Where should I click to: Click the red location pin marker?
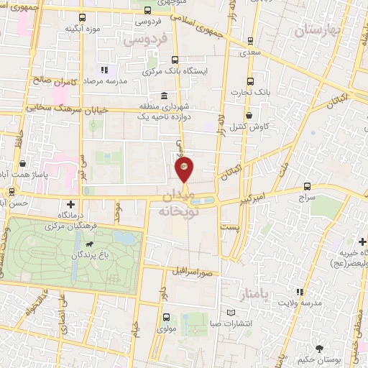tap(184, 170)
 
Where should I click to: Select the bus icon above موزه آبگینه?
tap(80, 17)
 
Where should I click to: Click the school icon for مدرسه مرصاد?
tap(103, 70)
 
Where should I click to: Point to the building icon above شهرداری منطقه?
tap(165, 96)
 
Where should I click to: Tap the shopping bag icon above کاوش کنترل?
tap(249, 114)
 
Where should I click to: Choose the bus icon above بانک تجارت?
tap(250, 80)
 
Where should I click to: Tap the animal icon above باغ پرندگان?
tap(88, 245)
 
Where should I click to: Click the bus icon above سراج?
tap(308, 185)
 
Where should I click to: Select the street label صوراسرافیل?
tap(193, 272)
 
